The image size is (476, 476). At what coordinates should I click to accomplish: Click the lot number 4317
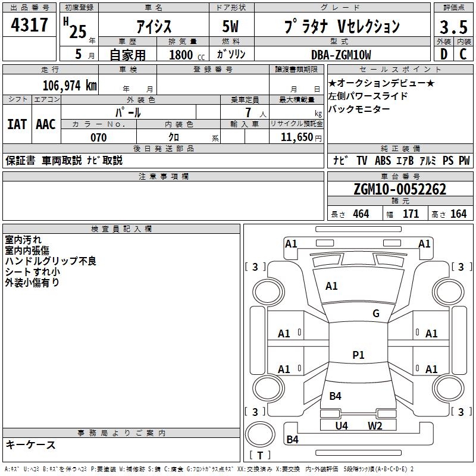pos(30,26)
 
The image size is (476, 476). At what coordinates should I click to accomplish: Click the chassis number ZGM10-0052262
pos(399,189)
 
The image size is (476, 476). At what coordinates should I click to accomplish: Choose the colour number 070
pos(98,137)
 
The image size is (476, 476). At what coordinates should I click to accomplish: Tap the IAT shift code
pos(17,124)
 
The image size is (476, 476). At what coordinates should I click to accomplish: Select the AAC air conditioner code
pos(46,124)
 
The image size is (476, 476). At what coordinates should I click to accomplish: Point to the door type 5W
pos(231,27)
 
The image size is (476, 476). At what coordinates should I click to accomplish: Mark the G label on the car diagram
pos(375,314)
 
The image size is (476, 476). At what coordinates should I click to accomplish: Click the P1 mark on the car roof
pos(358,355)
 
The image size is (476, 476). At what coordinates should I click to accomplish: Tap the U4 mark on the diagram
pos(341,425)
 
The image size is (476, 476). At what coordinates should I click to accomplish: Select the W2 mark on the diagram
pos(374,425)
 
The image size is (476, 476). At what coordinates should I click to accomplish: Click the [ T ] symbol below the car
pos(259,455)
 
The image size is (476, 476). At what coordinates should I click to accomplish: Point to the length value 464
pos(361,214)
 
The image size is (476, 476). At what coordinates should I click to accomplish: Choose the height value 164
pos(458,214)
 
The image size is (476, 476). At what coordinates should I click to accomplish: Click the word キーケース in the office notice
pos(30,444)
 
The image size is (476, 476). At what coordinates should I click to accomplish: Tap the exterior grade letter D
pos(443,54)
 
